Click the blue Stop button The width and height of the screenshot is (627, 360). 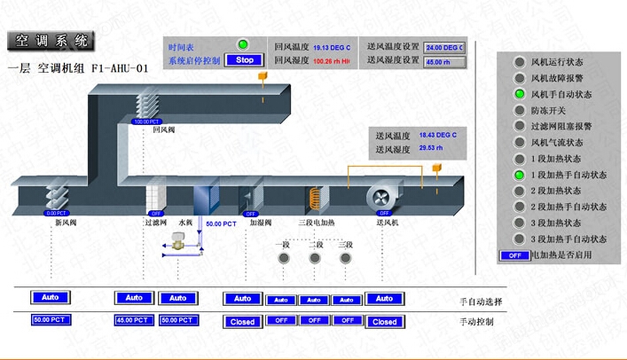[245, 60]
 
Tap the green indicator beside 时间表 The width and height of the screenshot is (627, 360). [242, 45]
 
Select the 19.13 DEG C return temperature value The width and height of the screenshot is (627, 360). [332, 47]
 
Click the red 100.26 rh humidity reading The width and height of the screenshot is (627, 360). [332, 61]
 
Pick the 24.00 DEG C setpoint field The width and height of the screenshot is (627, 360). [444, 47]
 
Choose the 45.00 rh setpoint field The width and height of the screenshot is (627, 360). [444, 62]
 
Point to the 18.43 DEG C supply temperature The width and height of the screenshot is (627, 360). [438, 135]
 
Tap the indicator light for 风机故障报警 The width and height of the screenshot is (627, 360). [521, 78]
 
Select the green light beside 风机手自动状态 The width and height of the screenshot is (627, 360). [521, 94]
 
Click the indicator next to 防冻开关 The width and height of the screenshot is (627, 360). [521, 111]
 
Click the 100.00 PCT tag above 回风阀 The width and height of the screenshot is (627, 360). [146, 121]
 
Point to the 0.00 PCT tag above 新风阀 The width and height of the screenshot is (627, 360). [56, 213]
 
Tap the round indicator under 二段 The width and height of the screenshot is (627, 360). [315, 259]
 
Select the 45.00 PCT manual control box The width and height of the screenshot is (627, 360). [134, 320]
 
